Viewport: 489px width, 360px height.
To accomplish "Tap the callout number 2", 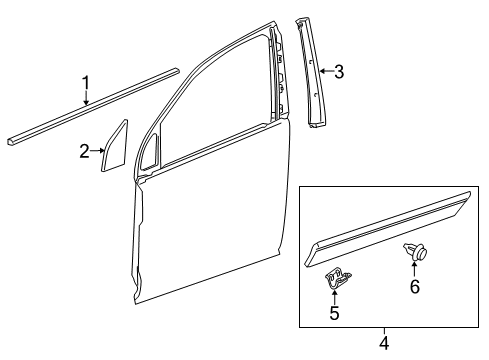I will [x=85, y=151].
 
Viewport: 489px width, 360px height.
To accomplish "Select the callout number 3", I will [x=339, y=71].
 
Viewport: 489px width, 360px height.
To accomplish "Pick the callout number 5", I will [x=335, y=314].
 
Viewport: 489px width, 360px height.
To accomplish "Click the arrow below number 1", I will [x=86, y=97].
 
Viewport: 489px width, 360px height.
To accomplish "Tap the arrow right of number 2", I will [x=101, y=151].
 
